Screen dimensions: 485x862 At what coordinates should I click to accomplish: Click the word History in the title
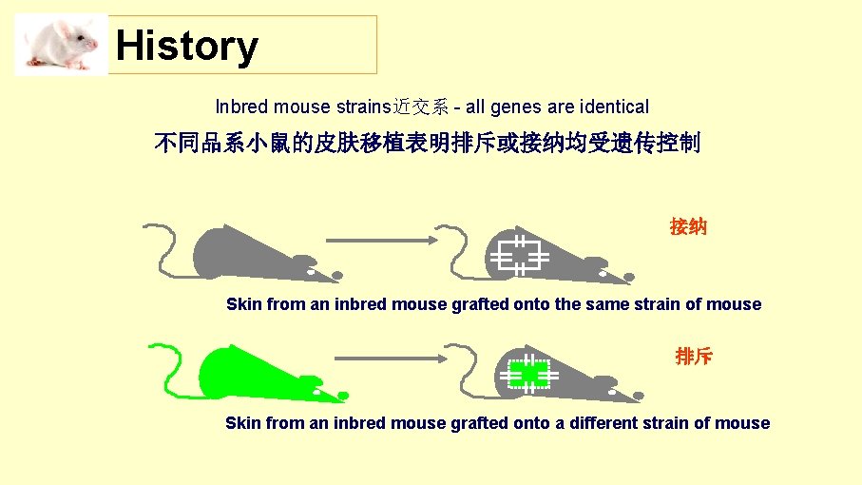coord(186,46)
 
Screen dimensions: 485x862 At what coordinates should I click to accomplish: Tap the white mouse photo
coord(62,45)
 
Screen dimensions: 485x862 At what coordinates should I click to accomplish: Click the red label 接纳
coord(687,226)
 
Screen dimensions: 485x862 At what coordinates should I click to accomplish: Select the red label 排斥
coord(693,357)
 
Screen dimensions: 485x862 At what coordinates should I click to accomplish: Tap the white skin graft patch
coord(518,254)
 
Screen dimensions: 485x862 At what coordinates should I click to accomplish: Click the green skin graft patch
coord(527,372)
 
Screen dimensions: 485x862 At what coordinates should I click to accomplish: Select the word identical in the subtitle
coord(614,107)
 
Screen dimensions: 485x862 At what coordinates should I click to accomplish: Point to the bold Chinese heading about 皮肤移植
coord(427,144)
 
